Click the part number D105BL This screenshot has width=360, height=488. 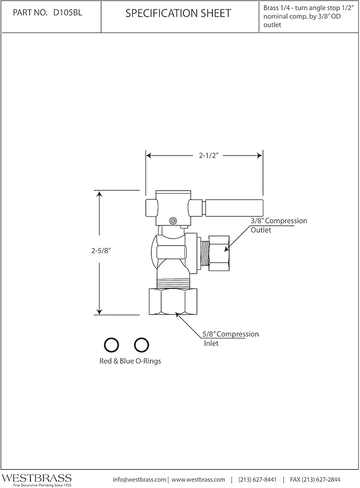[x=68, y=13]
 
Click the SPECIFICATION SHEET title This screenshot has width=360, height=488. [x=178, y=13]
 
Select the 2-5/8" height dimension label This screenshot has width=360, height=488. [x=101, y=250]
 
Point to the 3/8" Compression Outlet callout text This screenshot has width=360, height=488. [x=279, y=225]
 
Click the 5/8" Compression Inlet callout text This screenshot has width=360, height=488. [x=231, y=339]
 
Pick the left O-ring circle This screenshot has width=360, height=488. [x=111, y=345]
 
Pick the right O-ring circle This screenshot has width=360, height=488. [x=141, y=345]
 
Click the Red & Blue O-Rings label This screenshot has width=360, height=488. [x=130, y=361]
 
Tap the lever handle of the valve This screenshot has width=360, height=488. [x=233, y=207]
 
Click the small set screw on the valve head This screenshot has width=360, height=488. [x=173, y=220]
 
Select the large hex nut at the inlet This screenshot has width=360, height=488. [x=173, y=301]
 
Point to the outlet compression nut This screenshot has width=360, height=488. [x=219, y=253]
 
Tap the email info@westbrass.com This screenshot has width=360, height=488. [x=139, y=479]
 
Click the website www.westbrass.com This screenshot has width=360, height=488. [x=198, y=479]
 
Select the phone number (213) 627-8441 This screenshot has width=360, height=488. [x=257, y=479]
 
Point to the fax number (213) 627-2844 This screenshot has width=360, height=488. [x=315, y=479]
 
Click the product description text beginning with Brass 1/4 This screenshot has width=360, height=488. [x=309, y=17]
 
